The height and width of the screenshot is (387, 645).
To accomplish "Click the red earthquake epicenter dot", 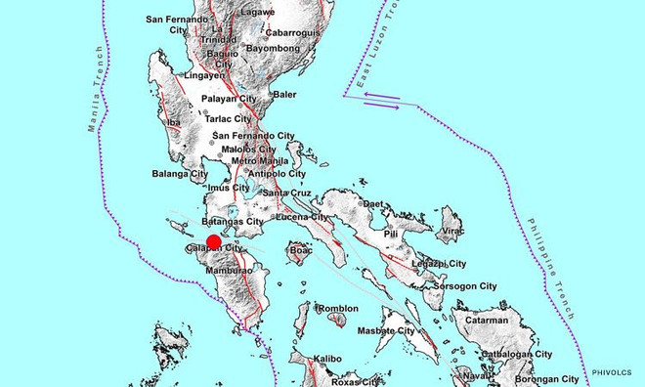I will tap(213, 243).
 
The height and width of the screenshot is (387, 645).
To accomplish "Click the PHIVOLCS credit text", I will tap(611, 372).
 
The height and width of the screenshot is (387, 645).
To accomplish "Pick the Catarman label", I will tap(486, 320).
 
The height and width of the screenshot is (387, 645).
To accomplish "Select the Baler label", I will tap(283, 95).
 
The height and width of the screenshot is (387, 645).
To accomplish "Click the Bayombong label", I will tap(271, 47).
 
